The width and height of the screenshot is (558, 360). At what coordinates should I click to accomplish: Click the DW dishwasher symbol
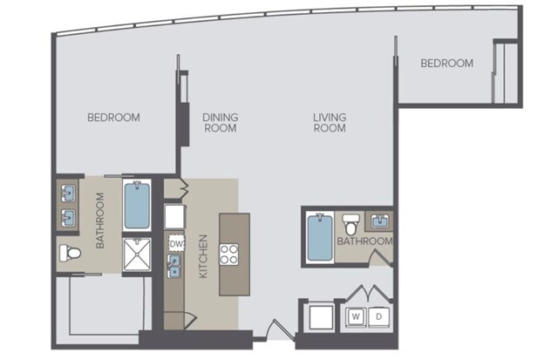coord(176,244)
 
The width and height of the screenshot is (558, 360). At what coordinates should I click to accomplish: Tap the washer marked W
coord(356,316)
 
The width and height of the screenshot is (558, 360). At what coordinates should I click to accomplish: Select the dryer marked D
coord(378,316)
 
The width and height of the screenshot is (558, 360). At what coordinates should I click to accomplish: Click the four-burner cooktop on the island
coord(228,254)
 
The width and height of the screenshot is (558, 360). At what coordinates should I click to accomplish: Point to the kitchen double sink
coord(174,267)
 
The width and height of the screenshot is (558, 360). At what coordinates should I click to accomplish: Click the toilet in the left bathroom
coord(70,254)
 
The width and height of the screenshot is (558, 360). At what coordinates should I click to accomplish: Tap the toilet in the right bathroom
coord(350,224)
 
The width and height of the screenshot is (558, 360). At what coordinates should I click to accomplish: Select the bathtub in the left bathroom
coord(137,205)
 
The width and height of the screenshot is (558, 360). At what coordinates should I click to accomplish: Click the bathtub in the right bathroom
coord(320,237)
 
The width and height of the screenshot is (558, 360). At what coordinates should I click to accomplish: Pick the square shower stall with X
coord(137,255)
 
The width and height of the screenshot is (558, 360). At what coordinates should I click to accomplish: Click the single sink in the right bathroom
coord(380,221)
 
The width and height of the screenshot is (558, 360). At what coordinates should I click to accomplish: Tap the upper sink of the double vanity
coord(68,194)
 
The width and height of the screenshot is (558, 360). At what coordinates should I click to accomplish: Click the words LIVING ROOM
coord(330,123)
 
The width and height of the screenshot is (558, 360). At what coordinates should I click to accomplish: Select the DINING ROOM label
coord(221,123)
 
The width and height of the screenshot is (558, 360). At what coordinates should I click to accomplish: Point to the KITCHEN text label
coord(203,256)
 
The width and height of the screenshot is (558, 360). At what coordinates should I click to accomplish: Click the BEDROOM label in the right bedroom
coord(447,64)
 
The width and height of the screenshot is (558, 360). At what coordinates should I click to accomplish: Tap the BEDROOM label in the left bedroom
coord(113,118)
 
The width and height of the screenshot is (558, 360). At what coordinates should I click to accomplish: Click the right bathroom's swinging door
coord(380,258)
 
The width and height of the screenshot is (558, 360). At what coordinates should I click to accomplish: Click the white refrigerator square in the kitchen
coord(174,217)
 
